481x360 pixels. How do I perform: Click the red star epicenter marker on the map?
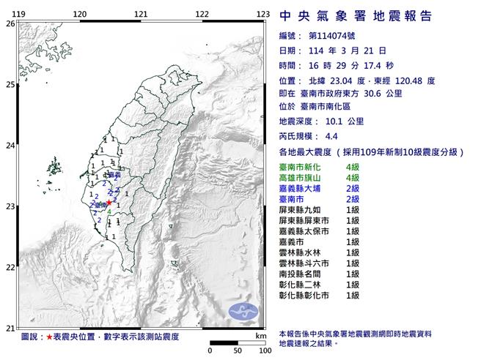(109, 203)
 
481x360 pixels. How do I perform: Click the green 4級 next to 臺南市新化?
(353, 168)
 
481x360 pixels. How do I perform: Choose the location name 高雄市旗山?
(302, 178)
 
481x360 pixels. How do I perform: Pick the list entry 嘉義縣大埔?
(302, 189)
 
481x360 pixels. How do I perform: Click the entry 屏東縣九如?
(302, 210)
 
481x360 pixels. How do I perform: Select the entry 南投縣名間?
(302, 274)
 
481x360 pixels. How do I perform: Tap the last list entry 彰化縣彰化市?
(306, 295)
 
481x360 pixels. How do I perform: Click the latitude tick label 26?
(10, 23)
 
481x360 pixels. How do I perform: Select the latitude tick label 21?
(10, 328)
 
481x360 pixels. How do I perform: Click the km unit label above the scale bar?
(261, 336)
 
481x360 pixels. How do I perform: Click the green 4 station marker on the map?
(109, 212)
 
